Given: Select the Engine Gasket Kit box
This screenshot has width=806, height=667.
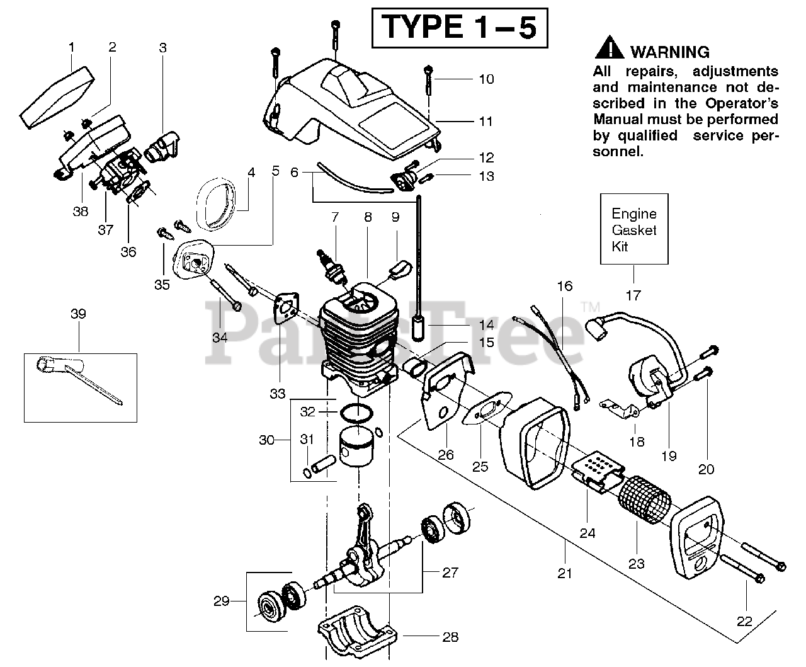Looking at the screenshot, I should click(x=633, y=229).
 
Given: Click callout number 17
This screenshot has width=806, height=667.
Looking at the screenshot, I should click(x=633, y=294).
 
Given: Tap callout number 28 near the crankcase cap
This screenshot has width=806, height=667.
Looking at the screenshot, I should click(x=450, y=636).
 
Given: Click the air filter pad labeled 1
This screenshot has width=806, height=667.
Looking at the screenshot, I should click(x=59, y=94).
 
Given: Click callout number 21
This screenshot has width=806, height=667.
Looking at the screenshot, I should click(x=565, y=573).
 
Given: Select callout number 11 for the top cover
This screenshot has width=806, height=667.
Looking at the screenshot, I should click(x=485, y=120).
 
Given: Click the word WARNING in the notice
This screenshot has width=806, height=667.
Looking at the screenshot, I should click(x=670, y=52).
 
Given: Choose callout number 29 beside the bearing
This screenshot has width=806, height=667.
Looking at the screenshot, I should click(x=221, y=601).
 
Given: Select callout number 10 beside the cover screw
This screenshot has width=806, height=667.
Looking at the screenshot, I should click(x=486, y=79).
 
